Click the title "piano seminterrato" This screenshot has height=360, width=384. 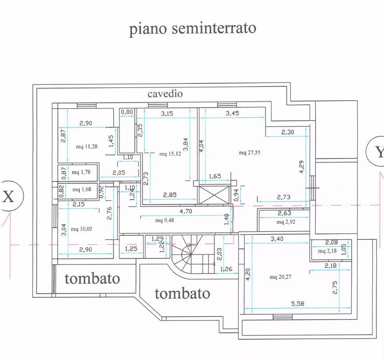(193, 28)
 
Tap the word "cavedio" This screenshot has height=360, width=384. (165, 94)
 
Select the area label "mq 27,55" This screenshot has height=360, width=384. (249, 153)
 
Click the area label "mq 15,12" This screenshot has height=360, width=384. (170, 154)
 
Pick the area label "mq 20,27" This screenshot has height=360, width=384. (280, 277)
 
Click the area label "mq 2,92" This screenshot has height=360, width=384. (286, 222)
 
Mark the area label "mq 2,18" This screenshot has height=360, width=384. (328, 252)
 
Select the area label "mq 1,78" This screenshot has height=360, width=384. (82, 172)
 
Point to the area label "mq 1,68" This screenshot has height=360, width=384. (82, 190)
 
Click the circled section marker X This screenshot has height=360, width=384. (8, 196)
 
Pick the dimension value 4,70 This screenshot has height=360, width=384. (186, 211)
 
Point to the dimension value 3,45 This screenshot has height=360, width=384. (233, 114)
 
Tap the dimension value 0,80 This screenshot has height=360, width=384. (127, 112)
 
